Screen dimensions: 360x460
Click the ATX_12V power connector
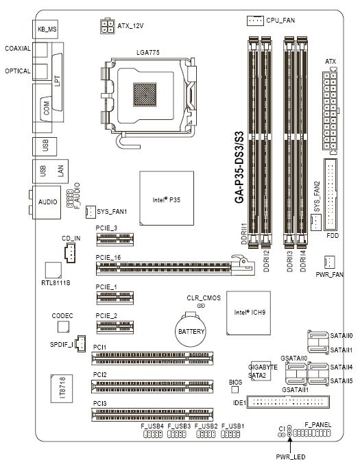(x=107, y=27)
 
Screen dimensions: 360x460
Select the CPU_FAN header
(x=255, y=21)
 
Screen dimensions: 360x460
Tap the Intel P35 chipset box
(x=167, y=198)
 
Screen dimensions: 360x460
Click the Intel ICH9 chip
(x=248, y=313)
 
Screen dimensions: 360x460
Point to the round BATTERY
(x=191, y=331)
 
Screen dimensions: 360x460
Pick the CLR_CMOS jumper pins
(x=201, y=306)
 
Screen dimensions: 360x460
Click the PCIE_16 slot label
(x=108, y=258)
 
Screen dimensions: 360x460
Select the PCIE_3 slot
(x=115, y=239)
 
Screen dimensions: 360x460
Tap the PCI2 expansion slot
(x=152, y=387)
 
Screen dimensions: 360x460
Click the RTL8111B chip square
(x=53, y=270)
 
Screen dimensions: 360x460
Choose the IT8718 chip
(x=62, y=389)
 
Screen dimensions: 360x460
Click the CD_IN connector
(x=70, y=254)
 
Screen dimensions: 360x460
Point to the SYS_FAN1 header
(x=91, y=212)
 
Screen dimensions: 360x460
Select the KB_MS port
(x=47, y=29)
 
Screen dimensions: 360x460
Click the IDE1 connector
(x=288, y=402)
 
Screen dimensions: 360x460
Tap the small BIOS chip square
(x=235, y=389)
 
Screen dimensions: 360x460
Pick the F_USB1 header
(x=230, y=434)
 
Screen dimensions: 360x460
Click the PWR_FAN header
(x=330, y=262)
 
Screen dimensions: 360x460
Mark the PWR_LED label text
(x=291, y=457)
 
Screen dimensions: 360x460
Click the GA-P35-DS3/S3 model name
(x=239, y=167)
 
